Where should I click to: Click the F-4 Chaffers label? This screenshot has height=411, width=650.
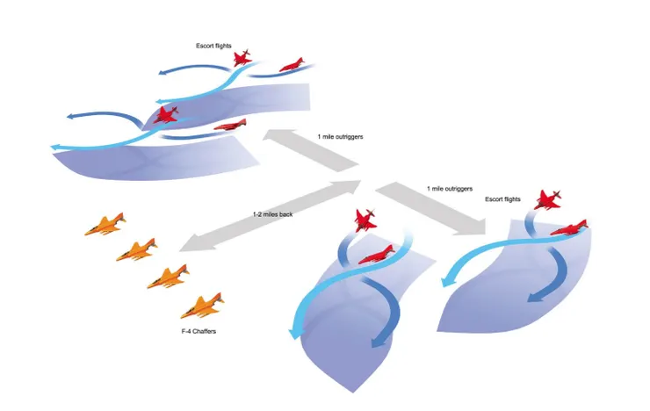point(199,331)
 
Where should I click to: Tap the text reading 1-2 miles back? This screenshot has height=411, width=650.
point(273,214)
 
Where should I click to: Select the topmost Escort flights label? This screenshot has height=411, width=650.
point(213,46)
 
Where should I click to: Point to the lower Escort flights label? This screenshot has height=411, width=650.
point(502,199)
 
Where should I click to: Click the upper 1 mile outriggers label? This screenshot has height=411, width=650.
point(340,137)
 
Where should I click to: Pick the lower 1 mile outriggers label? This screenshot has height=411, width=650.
point(450,189)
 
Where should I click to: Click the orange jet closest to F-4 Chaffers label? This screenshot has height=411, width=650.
point(202,306)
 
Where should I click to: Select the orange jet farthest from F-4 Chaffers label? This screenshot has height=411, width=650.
point(105,225)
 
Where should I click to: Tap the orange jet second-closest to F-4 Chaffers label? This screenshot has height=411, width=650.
point(169,277)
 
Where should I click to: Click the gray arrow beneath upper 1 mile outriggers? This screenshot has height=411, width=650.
point(310,150)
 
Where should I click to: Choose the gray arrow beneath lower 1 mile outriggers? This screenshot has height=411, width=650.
point(431,208)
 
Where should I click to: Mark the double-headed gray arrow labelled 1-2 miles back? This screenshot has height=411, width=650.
point(271,216)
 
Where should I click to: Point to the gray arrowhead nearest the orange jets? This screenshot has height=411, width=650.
point(195,243)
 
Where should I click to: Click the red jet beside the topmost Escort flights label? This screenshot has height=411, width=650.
point(242,58)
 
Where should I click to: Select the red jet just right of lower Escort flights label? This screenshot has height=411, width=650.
point(547,199)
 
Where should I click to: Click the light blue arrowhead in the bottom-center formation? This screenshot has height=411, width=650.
point(294,331)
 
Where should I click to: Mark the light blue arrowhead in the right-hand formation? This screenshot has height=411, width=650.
point(446,281)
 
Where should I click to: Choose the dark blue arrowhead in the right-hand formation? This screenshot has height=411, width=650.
point(536,297)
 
